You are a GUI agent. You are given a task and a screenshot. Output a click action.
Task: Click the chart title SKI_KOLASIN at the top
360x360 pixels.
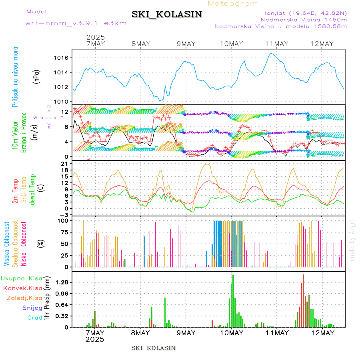point(167,14)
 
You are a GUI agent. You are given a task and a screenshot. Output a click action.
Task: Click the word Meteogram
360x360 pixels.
point(233,4)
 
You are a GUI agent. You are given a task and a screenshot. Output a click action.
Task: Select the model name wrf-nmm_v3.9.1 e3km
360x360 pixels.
point(76,23)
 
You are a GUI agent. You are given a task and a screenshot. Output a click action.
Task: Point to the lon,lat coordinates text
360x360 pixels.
point(303,13)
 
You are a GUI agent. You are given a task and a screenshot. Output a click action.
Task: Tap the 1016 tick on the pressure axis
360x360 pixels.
point(61,58)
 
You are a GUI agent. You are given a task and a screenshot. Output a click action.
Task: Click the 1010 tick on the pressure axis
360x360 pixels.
point(61,102)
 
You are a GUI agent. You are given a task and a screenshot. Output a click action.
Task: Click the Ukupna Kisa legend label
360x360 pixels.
point(21,278)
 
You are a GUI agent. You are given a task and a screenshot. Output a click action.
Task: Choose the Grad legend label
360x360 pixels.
point(34,318)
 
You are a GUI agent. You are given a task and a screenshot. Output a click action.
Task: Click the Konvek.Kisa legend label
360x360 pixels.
point(22,288)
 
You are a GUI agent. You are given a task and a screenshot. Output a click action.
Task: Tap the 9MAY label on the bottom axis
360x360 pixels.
point(186,333)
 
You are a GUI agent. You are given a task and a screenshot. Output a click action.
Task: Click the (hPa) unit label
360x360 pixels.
point(37,76)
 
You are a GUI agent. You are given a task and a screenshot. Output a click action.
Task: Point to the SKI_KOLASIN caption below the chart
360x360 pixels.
point(153,348)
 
